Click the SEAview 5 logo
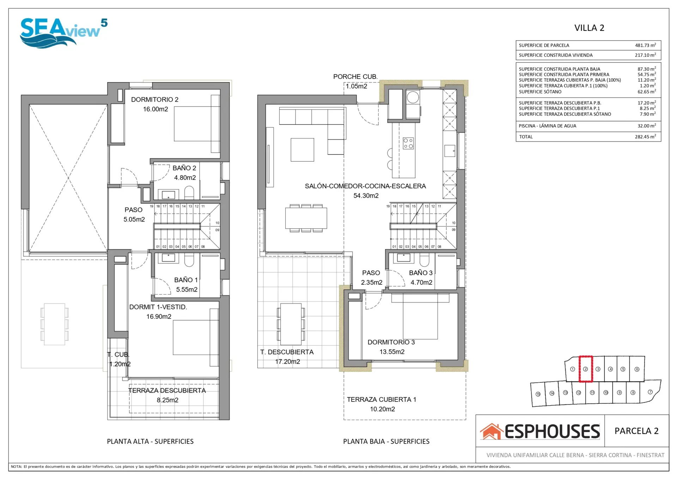[x=63, y=33]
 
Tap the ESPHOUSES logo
[x=540, y=431]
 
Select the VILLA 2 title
[x=589, y=28]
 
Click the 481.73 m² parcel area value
[x=645, y=45]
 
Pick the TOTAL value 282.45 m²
[x=645, y=137]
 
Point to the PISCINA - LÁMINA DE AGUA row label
[x=547, y=126]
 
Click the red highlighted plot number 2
[x=585, y=369]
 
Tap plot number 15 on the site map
[x=538, y=394]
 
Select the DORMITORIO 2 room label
[x=155, y=99]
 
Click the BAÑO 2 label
[x=184, y=168]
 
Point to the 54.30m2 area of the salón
[x=366, y=196]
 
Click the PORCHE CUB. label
[x=355, y=77]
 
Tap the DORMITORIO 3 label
[x=391, y=342]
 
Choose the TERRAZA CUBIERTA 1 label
[x=382, y=399]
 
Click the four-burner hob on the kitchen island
[x=408, y=143]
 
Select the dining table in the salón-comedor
[x=306, y=218]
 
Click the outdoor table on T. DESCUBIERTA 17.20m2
[x=291, y=324]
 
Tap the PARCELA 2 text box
[x=636, y=431]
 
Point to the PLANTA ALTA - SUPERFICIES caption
[x=150, y=441]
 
